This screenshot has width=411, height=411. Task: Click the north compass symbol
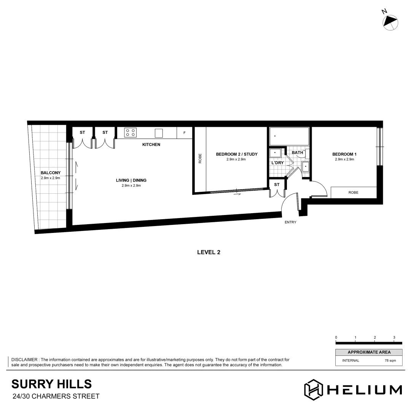(x=390, y=22)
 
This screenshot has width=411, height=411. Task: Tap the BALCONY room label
(x=50, y=173)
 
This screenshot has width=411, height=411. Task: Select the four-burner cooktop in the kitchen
(x=130, y=133)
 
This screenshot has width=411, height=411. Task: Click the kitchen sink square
(x=159, y=133)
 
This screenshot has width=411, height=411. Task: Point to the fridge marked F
(x=185, y=133)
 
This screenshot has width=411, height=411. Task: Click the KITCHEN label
(x=151, y=145)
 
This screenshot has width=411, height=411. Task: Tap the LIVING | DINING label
(x=131, y=180)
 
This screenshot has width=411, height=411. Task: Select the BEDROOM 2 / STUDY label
(x=236, y=154)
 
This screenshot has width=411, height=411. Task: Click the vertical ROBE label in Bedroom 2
(x=200, y=158)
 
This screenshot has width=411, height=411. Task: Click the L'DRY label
(x=277, y=162)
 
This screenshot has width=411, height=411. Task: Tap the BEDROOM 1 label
(x=344, y=154)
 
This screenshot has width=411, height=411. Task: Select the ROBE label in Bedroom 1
(x=353, y=193)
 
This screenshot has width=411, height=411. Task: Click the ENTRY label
(x=290, y=222)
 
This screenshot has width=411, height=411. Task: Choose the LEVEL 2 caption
(x=209, y=252)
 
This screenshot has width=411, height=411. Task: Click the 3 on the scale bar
(x=394, y=337)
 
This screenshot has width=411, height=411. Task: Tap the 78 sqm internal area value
(x=391, y=360)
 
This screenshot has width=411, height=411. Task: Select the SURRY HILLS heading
(x=51, y=383)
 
